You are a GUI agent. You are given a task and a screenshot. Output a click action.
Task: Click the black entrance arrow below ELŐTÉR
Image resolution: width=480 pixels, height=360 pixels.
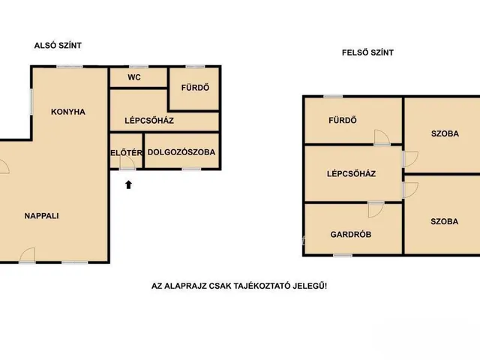click(128, 184)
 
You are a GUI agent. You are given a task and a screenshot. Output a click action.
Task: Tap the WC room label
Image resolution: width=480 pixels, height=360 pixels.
click(134, 77)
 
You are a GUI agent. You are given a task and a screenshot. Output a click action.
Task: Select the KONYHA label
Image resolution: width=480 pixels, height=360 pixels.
click(68, 112)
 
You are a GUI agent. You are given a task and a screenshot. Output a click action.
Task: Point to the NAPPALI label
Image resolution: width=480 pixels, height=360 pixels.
click(42, 216)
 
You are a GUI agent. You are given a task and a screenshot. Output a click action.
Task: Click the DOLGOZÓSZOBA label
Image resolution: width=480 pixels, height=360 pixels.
click(181, 152)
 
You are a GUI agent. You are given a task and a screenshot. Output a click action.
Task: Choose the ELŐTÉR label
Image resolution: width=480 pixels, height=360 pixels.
click(127, 152)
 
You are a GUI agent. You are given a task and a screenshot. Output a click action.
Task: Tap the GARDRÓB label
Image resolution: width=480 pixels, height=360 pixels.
click(351, 235)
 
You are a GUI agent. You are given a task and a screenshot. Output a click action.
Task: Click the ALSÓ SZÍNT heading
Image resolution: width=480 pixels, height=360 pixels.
click(58, 45)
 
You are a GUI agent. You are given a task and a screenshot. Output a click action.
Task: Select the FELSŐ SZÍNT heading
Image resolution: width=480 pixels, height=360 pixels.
click(367, 52)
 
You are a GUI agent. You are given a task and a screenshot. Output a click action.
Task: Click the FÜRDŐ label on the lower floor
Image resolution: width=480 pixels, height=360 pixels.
click(195, 88)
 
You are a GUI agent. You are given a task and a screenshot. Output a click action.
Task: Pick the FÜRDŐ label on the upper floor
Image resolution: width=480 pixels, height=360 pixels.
click(343, 120)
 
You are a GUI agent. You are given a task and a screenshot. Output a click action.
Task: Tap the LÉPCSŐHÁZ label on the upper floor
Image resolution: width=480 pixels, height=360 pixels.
click(351, 173)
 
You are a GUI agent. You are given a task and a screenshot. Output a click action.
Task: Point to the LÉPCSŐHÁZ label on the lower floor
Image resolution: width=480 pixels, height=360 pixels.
click(149, 120)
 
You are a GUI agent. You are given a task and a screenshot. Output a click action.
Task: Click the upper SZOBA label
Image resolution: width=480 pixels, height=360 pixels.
click(445, 133)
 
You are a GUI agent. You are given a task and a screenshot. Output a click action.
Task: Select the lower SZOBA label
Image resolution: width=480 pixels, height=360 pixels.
click(444, 221)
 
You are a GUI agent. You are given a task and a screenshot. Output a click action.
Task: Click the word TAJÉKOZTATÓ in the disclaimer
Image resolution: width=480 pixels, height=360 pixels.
click(262, 286)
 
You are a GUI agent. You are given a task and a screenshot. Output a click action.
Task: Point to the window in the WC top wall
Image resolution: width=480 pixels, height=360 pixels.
click(139, 67)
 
